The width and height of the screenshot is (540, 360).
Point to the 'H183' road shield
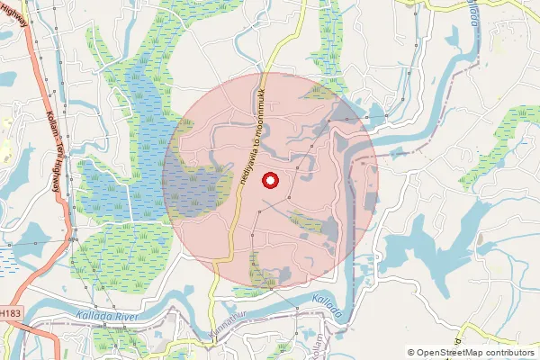9,312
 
